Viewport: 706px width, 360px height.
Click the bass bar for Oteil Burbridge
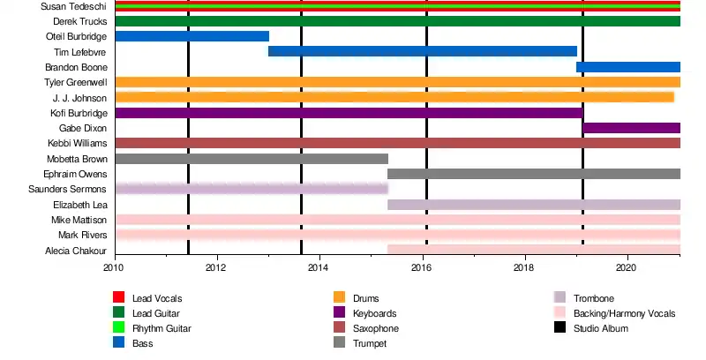[192, 36]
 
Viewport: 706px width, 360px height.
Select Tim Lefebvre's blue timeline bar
[422, 51]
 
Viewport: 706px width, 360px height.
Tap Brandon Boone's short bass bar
[628, 67]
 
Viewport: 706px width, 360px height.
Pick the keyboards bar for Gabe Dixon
[631, 128]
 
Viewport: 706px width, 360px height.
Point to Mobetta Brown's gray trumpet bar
[252, 159]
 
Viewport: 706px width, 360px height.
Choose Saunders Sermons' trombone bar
[252, 189]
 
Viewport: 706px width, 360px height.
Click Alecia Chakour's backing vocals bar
[534, 250]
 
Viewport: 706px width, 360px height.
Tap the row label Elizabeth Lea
[80, 205]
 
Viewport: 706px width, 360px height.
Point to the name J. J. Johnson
[80, 97]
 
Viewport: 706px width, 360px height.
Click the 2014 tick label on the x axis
[319, 266]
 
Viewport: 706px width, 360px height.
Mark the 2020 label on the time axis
[627, 266]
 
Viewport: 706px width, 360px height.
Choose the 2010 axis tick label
[114, 266]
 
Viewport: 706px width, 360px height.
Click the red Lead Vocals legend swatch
[118, 298]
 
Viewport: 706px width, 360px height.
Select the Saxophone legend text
[376, 328]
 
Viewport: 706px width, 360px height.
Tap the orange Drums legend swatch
[339, 298]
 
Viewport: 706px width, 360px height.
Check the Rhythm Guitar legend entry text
[161, 328]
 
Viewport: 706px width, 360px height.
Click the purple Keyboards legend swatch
[339, 313]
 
